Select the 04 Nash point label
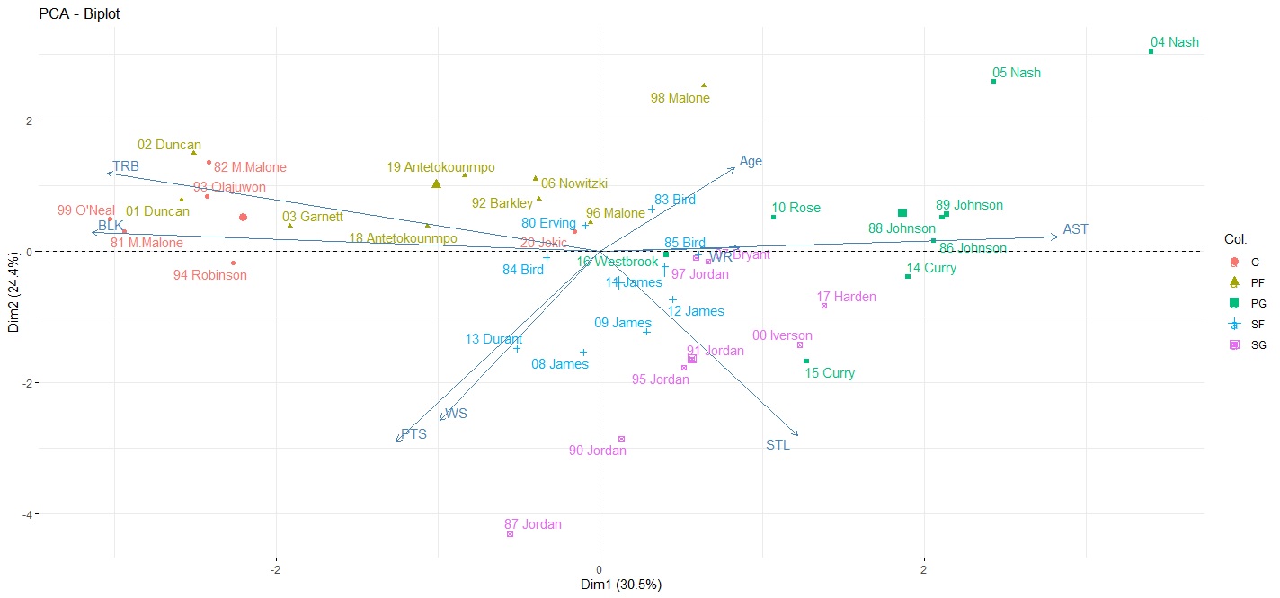point(1174,42)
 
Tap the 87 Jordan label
point(532,524)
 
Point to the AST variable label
point(1075,229)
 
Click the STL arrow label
point(778,444)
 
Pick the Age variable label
point(751,162)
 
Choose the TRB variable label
point(126,166)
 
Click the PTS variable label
point(413,433)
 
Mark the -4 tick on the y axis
point(24,514)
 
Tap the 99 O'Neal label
point(85,210)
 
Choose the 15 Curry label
point(830,373)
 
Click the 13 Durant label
point(493,339)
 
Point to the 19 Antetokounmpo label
point(440,167)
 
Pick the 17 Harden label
point(846,297)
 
